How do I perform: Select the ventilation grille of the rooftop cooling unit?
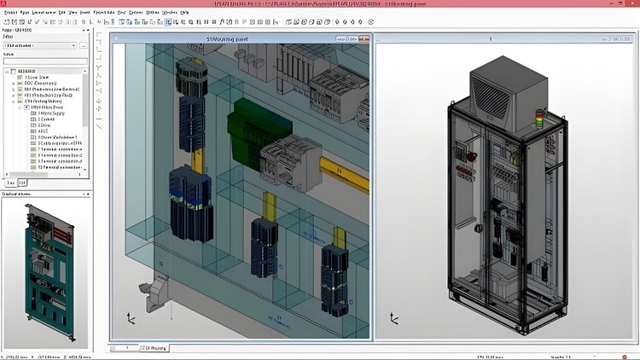tap(498, 92)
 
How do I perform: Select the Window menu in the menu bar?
tap(169, 13)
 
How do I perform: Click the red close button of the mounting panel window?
tap(366, 38)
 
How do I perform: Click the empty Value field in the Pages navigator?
tap(43, 61)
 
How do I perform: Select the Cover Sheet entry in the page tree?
tap(38, 78)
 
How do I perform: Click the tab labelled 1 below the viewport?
tap(125, 347)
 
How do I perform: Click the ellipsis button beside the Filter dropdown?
tap(84, 46)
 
